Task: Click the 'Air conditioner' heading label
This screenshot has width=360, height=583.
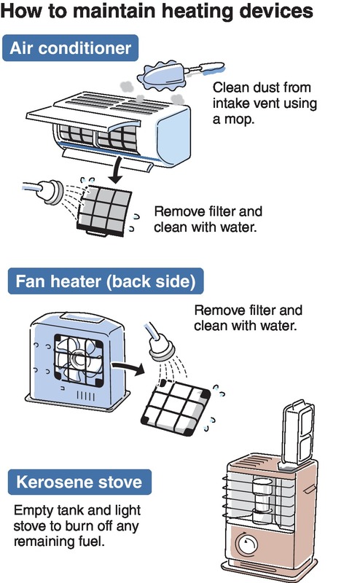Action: pyautogui.click(x=70, y=48)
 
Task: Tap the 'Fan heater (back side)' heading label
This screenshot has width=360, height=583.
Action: pyautogui.click(x=106, y=281)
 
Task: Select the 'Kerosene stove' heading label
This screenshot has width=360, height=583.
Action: pyautogui.click(x=79, y=482)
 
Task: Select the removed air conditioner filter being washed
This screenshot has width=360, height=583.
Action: pyautogui.click(x=105, y=211)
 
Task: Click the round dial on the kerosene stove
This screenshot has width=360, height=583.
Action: pyautogui.click(x=247, y=544)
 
